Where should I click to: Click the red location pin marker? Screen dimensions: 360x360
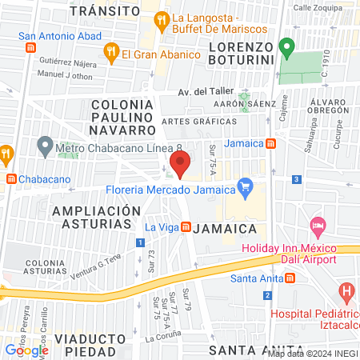point(179,166)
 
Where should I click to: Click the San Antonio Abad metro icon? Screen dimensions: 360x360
point(30,48)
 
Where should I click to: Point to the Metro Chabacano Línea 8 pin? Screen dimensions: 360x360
point(45,146)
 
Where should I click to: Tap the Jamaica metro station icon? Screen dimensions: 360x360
point(270,144)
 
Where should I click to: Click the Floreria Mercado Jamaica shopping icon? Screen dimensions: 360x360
point(246,190)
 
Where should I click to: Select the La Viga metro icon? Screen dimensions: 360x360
point(186,227)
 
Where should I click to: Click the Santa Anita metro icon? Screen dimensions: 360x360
point(290,278)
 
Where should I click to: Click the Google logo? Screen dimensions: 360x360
point(26,350)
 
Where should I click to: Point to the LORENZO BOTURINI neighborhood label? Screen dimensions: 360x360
point(241,53)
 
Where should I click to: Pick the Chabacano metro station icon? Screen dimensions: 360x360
point(10,178)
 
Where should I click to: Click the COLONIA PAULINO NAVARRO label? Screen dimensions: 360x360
point(122,116)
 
